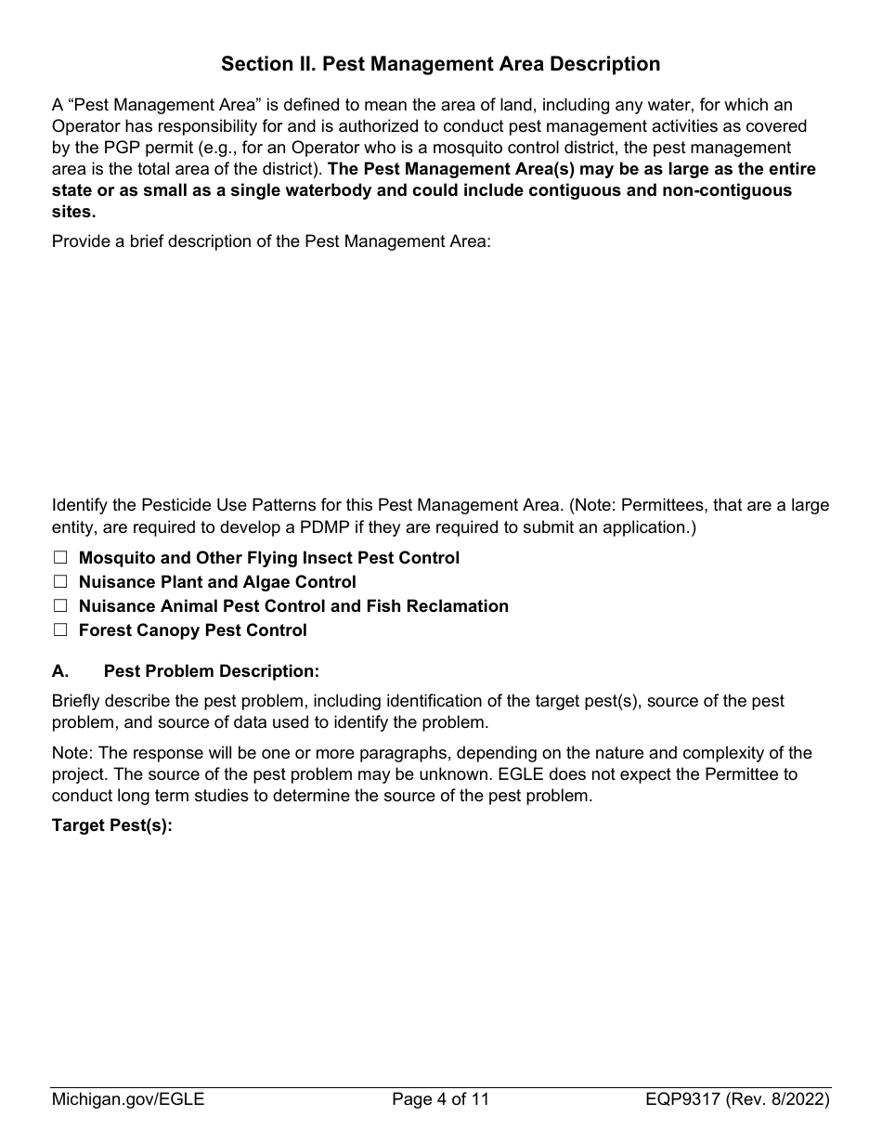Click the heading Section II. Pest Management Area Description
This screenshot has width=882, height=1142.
(x=440, y=64)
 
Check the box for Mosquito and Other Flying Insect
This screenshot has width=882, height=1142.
(x=60, y=558)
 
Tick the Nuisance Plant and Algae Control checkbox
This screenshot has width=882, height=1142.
(x=60, y=582)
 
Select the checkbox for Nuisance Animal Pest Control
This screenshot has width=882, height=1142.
(x=60, y=606)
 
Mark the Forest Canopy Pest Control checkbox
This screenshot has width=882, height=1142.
(x=60, y=630)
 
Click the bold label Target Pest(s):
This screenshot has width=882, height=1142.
(x=112, y=825)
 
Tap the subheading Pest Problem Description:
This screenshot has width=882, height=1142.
(x=211, y=671)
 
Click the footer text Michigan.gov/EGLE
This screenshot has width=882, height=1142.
(x=128, y=1100)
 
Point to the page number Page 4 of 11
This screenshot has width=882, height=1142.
(x=440, y=1100)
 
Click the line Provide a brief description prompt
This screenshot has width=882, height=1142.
(x=270, y=241)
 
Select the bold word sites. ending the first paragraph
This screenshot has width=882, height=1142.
(x=73, y=211)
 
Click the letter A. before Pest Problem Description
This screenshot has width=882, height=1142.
(x=60, y=671)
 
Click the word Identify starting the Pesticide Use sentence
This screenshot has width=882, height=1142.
(x=81, y=505)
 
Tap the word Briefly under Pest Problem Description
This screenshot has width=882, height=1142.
(x=77, y=701)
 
